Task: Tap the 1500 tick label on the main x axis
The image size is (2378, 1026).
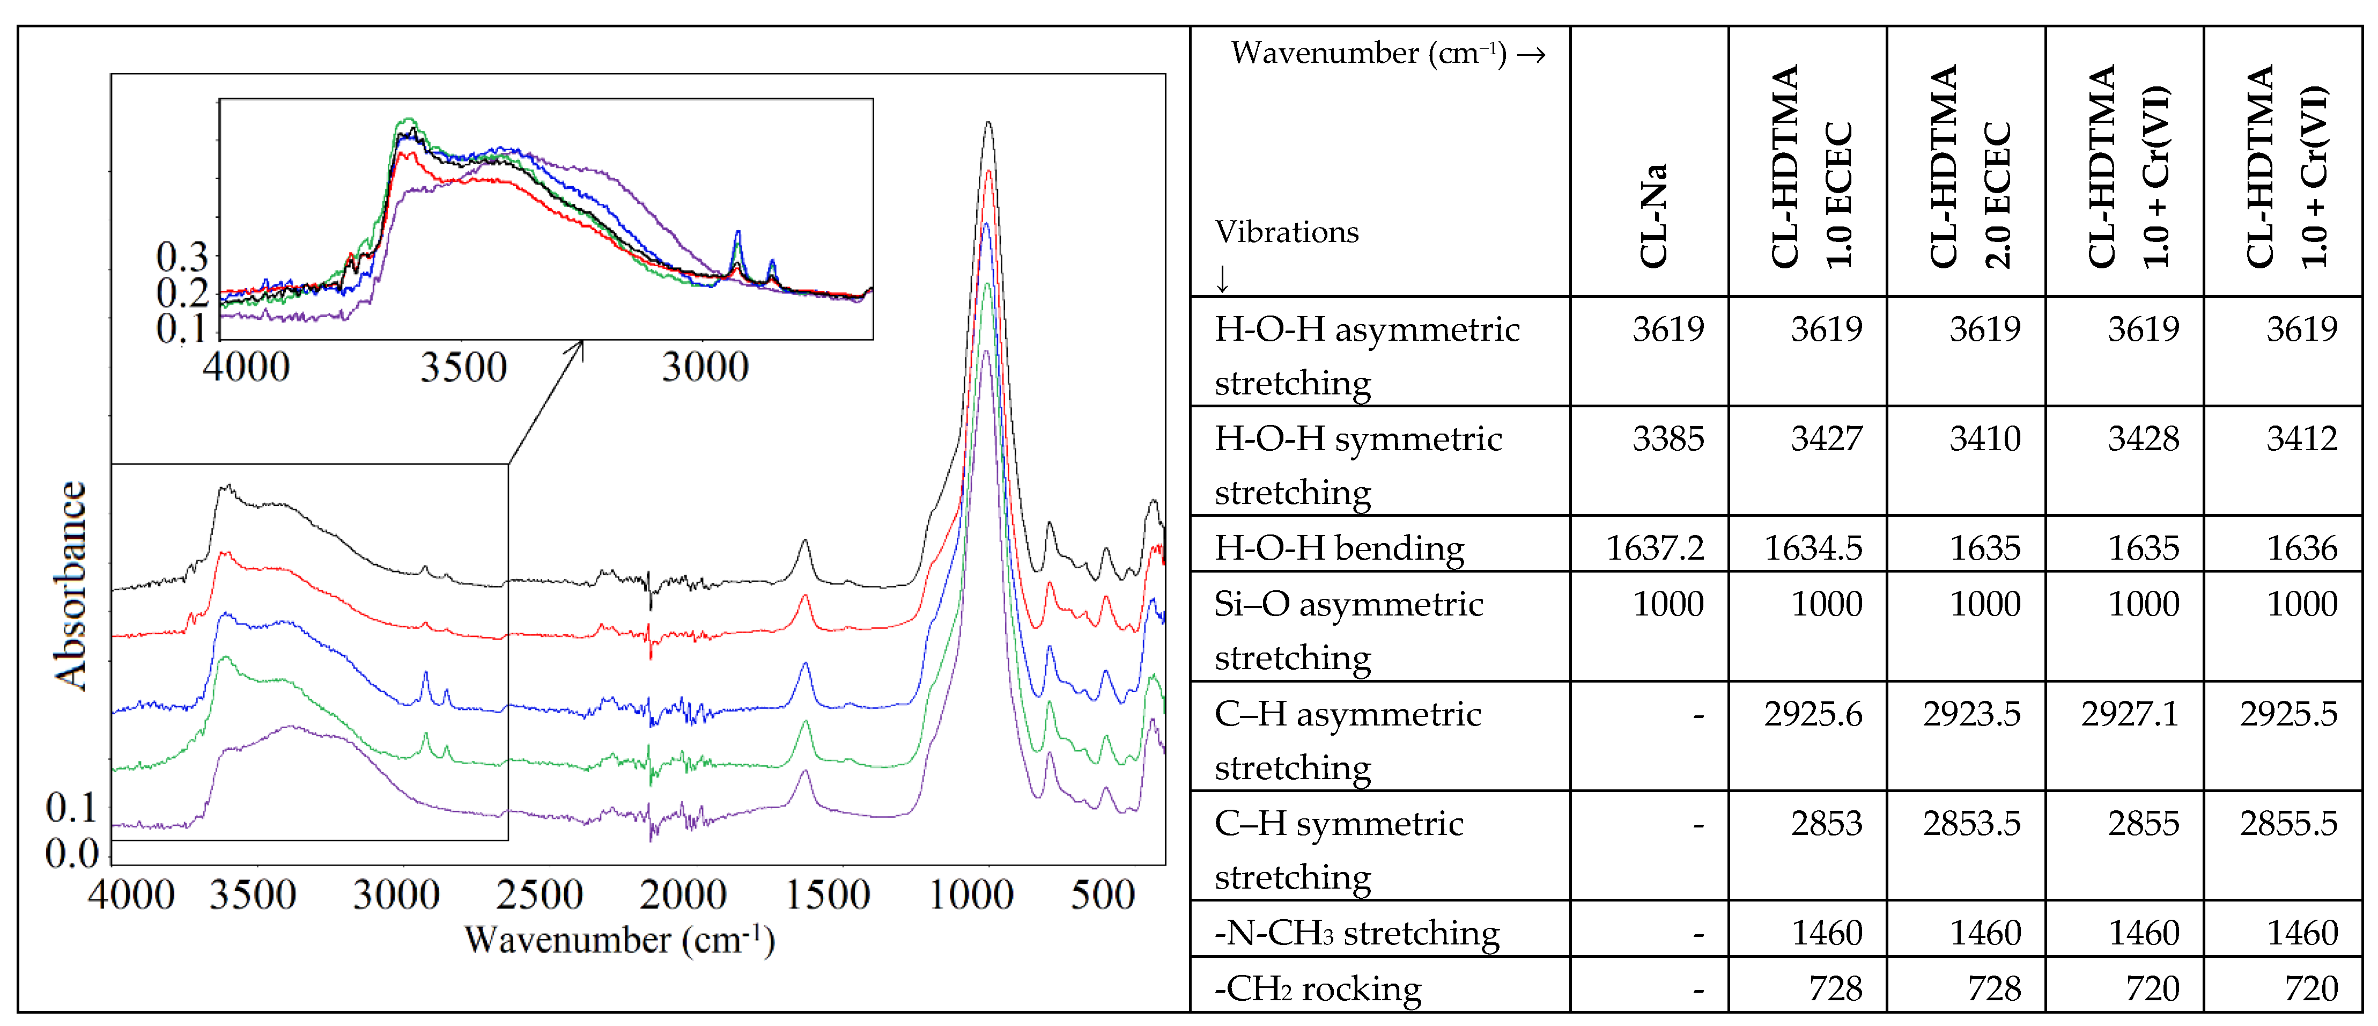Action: coord(827,894)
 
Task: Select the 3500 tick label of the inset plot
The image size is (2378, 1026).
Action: coord(463,367)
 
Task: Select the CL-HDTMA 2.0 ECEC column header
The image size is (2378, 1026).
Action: coord(1968,166)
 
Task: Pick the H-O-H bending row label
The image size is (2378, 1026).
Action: coord(1339,548)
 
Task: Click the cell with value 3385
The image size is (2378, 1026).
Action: coord(1667,438)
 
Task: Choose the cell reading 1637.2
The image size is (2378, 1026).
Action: coord(1655,548)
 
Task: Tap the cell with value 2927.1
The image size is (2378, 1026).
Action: coord(2129,713)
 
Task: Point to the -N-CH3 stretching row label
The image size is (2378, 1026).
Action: coord(1356,933)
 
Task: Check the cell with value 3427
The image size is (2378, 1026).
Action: coord(1826,438)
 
